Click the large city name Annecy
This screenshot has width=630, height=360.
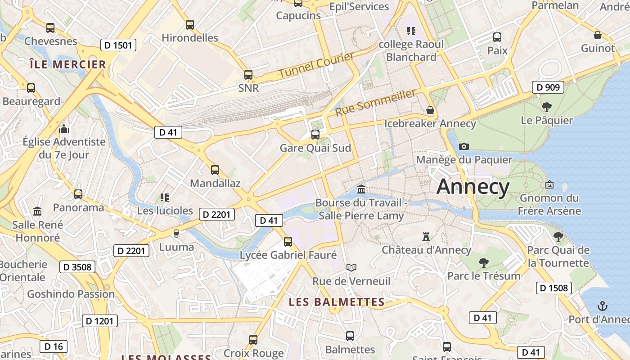(x=473, y=186)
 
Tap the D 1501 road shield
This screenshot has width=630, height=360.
(x=118, y=45)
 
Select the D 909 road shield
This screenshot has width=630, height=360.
(x=548, y=87)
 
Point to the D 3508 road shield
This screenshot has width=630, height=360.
(x=77, y=267)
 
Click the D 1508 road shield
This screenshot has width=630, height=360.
(x=553, y=288)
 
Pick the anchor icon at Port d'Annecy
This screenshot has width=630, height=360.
(x=602, y=306)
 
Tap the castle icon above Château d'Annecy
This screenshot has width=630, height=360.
(x=426, y=236)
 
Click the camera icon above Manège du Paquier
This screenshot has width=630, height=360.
(x=464, y=146)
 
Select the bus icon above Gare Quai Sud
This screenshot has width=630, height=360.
(x=315, y=134)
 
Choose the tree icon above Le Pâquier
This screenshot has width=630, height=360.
(x=547, y=107)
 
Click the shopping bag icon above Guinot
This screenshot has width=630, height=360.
(x=598, y=35)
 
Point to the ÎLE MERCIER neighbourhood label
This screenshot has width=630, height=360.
(x=67, y=64)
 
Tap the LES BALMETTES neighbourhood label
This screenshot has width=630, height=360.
(x=337, y=302)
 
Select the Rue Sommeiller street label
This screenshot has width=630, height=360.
(x=375, y=103)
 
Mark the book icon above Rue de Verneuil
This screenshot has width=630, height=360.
(x=351, y=268)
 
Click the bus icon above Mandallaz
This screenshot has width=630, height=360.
(x=215, y=170)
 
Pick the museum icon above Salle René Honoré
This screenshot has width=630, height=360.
(x=37, y=211)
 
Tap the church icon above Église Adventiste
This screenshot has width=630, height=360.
(x=64, y=129)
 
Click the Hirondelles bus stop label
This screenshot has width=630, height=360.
(x=190, y=38)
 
